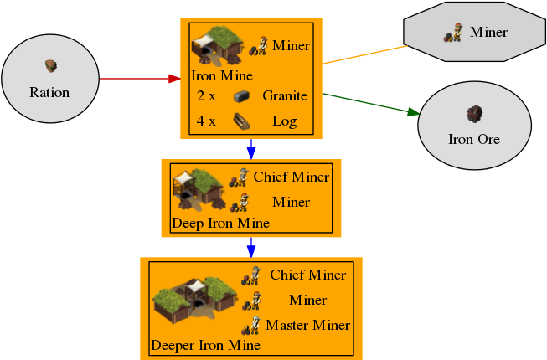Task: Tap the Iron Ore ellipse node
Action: coord(474,126)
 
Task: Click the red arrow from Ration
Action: coord(138,80)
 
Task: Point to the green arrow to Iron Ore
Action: coord(369,103)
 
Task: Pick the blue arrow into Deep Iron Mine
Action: coord(250,149)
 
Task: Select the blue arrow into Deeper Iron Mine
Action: coord(250,247)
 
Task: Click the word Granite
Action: coord(285,95)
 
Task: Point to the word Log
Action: coord(285,121)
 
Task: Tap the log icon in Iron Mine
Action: coord(241,121)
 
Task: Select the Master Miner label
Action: coord(307,325)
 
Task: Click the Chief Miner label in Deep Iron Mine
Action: coord(292,177)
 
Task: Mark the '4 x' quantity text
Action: coord(206,121)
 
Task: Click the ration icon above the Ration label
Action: coord(50,65)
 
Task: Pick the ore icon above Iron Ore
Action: coord(474,112)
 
